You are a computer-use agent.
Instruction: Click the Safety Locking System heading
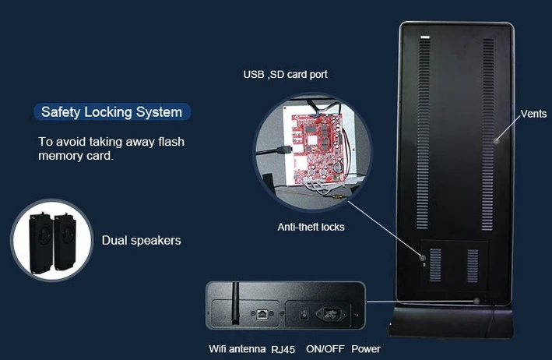point(112,112)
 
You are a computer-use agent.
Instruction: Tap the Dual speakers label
point(141,241)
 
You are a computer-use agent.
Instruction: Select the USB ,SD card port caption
point(285,75)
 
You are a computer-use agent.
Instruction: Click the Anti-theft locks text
point(311,228)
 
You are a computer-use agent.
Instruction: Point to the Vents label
point(533,114)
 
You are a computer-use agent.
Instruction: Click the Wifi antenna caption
point(237,349)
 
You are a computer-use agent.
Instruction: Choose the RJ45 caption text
point(283,349)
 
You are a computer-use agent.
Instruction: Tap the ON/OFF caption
point(325,349)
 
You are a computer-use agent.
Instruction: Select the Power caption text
point(366,349)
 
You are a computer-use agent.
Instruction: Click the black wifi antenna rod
point(235,303)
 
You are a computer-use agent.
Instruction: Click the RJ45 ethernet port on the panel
point(262,313)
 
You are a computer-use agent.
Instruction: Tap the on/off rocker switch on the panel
point(304,313)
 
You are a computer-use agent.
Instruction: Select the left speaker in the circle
point(40,243)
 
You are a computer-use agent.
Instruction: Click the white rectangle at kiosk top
point(425,37)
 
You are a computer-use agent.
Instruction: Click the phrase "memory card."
point(76,156)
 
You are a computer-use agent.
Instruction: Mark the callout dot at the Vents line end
point(496,141)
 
